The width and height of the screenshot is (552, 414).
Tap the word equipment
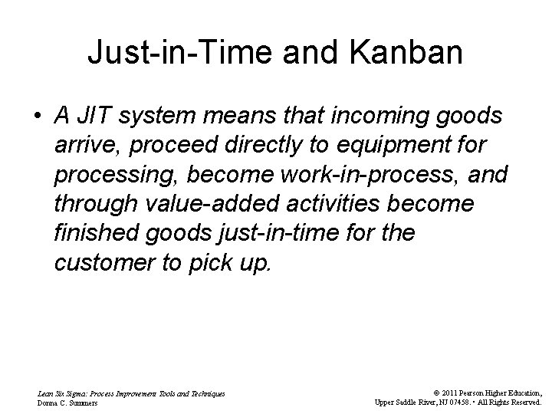point(388,146)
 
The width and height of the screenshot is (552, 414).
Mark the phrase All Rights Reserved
point(510,402)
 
